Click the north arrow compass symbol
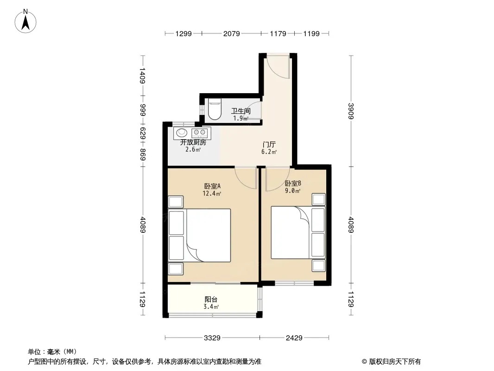tap(25, 21)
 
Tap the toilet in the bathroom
tap(215, 109)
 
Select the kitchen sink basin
tap(182, 132)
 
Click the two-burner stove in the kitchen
tap(200, 132)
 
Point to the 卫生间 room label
tap(241, 111)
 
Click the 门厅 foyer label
tap(269, 144)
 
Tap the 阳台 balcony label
tap(211, 299)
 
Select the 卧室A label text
tap(212, 186)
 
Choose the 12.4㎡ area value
tap(212, 193)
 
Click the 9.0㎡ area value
tap(293, 191)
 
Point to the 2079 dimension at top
tap(232, 33)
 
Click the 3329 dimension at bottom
tap(212, 338)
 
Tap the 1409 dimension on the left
tap(142, 76)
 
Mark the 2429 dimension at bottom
tap(294, 338)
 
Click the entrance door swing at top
tap(277, 67)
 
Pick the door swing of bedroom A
tap(246, 178)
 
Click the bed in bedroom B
tap(298, 233)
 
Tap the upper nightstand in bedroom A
tap(176, 202)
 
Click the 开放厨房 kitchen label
tap(193, 142)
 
